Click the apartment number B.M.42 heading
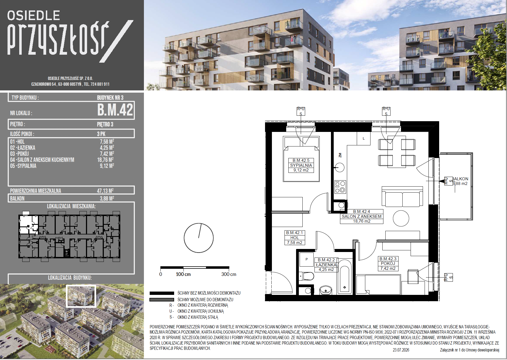point(115,110)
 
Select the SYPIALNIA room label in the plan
point(301,165)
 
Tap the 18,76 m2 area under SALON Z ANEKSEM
point(362,221)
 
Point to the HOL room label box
point(294,238)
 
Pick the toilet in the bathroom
point(307,276)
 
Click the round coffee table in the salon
point(401,218)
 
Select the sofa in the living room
point(402,196)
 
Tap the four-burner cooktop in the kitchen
point(340,187)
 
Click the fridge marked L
point(364,138)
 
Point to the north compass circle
point(199,238)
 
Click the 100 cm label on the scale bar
point(183,274)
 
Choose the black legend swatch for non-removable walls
point(162,293)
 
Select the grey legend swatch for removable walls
point(162,300)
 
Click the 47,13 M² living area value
point(105,191)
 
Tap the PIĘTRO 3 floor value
point(105,124)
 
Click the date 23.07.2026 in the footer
point(401,350)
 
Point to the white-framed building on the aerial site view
point(81,296)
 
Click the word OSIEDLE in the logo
point(34,16)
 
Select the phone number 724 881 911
point(100,84)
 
